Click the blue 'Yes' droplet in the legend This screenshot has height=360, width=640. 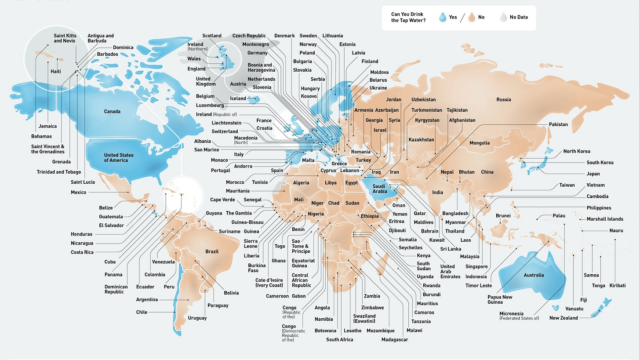(443, 18)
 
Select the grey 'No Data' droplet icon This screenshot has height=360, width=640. (503, 18)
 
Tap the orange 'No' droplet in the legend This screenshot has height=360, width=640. (472, 18)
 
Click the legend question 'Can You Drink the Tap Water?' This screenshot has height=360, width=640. (408, 17)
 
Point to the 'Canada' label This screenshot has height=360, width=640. (112, 112)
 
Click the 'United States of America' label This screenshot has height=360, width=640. (119, 158)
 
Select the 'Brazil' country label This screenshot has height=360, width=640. (212, 252)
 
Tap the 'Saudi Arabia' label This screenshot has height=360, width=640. (380, 189)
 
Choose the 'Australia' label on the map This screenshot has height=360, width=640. (534, 275)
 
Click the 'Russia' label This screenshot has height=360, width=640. (504, 100)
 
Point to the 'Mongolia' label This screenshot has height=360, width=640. (480, 143)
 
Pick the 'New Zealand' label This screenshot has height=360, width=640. (564, 318)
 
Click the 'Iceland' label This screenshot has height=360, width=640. (238, 98)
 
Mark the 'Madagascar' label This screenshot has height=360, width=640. (395, 340)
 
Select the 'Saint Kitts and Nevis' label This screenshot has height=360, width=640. (65, 38)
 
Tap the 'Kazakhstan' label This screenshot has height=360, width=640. (421, 140)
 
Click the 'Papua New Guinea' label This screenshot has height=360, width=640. (500, 299)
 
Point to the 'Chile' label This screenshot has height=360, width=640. (142, 313)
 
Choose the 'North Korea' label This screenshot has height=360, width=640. (577, 152)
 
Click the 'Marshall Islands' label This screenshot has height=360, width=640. (605, 219)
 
